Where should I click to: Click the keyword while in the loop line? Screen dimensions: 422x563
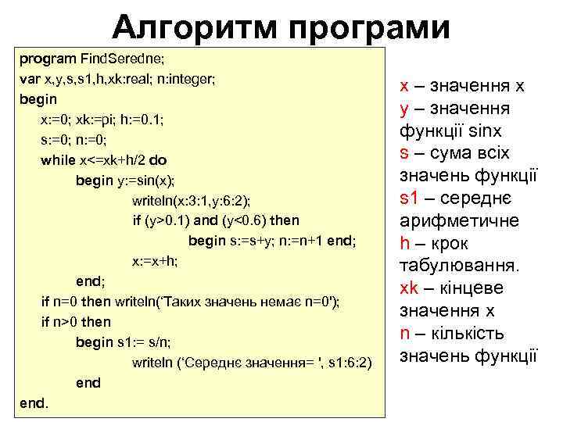point(57,160)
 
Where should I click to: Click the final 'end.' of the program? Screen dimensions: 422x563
point(33,403)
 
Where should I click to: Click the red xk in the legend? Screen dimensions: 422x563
point(410,288)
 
